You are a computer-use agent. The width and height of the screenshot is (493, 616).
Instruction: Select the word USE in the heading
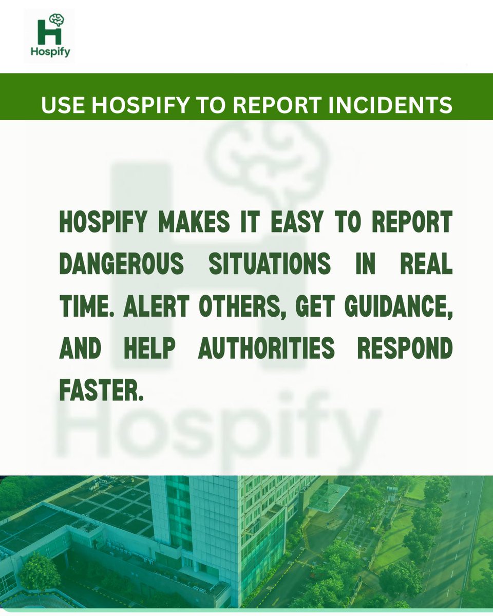coord(61,105)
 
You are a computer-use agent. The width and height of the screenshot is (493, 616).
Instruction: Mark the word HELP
coord(148,349)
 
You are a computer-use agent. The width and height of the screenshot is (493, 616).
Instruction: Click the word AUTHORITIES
coord(267,349)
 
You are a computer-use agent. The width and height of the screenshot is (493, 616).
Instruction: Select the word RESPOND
coord(405,349)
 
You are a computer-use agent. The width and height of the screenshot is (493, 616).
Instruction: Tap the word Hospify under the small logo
coord(50,52)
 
